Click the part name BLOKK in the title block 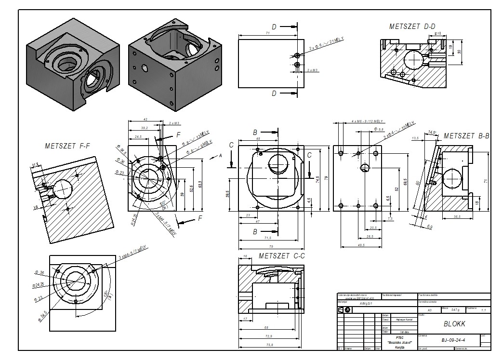[x=453, y=324]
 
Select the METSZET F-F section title [x=67, y=145]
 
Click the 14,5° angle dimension [x=432, y=132]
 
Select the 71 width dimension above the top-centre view [x=267, y=33]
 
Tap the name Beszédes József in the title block [x=399, y=342]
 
